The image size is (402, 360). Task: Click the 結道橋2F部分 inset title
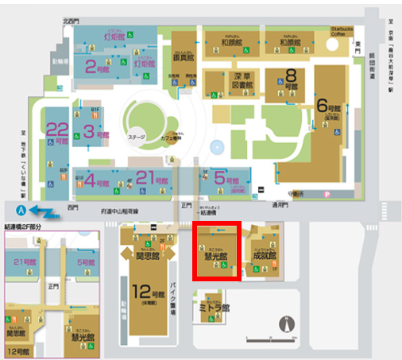pos(28,225)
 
